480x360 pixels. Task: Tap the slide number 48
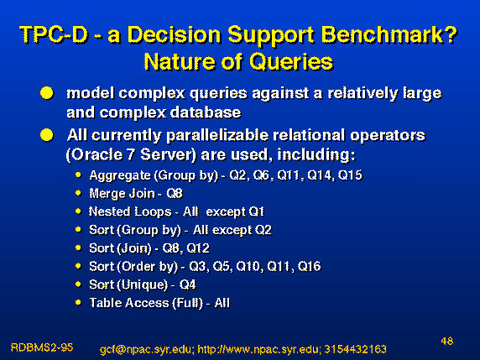click(x=447, y=341)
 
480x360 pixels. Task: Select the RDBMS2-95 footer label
click(x=42, y=347)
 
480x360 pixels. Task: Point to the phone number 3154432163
click(x=355, y=349)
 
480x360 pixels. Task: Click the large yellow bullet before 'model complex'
click(x=47, y=93)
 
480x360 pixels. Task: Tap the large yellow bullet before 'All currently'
click(x=47, y=135)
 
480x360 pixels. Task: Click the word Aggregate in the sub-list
click(x=120, y=176)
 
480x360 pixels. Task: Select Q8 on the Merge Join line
click(x=175, y=194)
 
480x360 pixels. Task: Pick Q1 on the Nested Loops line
click(x=256, y=211)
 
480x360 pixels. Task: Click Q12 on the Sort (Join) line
click(x=198, y=248)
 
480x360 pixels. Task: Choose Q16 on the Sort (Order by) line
click(x=309, y=266)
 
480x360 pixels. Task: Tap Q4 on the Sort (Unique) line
click(x=187, y=284)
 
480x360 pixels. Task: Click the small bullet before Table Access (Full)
click(x=78, y=302)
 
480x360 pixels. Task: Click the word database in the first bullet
click(x=206, y=112)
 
